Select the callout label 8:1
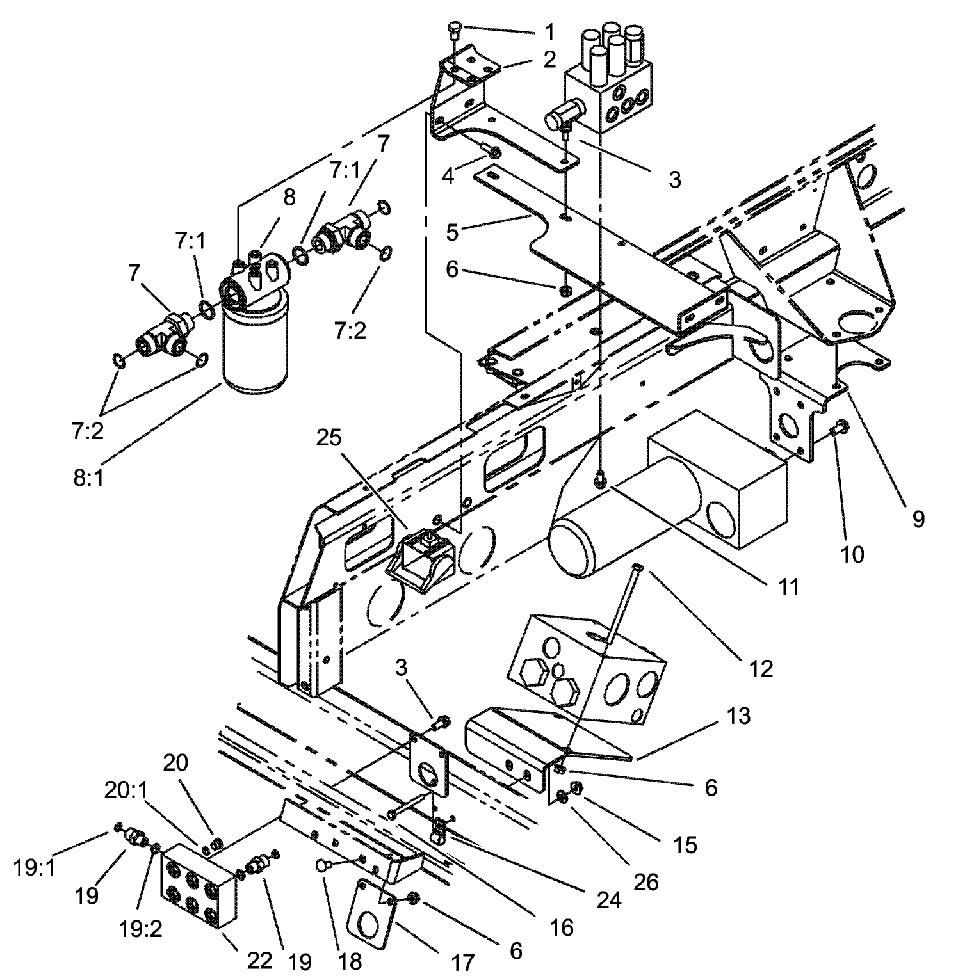(88, 477)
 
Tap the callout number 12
(761, 668)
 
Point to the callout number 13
(738, 715)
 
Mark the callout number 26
(645, 882)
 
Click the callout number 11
(788, 586)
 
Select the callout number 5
(452, 232)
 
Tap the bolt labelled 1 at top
(454, 28)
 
